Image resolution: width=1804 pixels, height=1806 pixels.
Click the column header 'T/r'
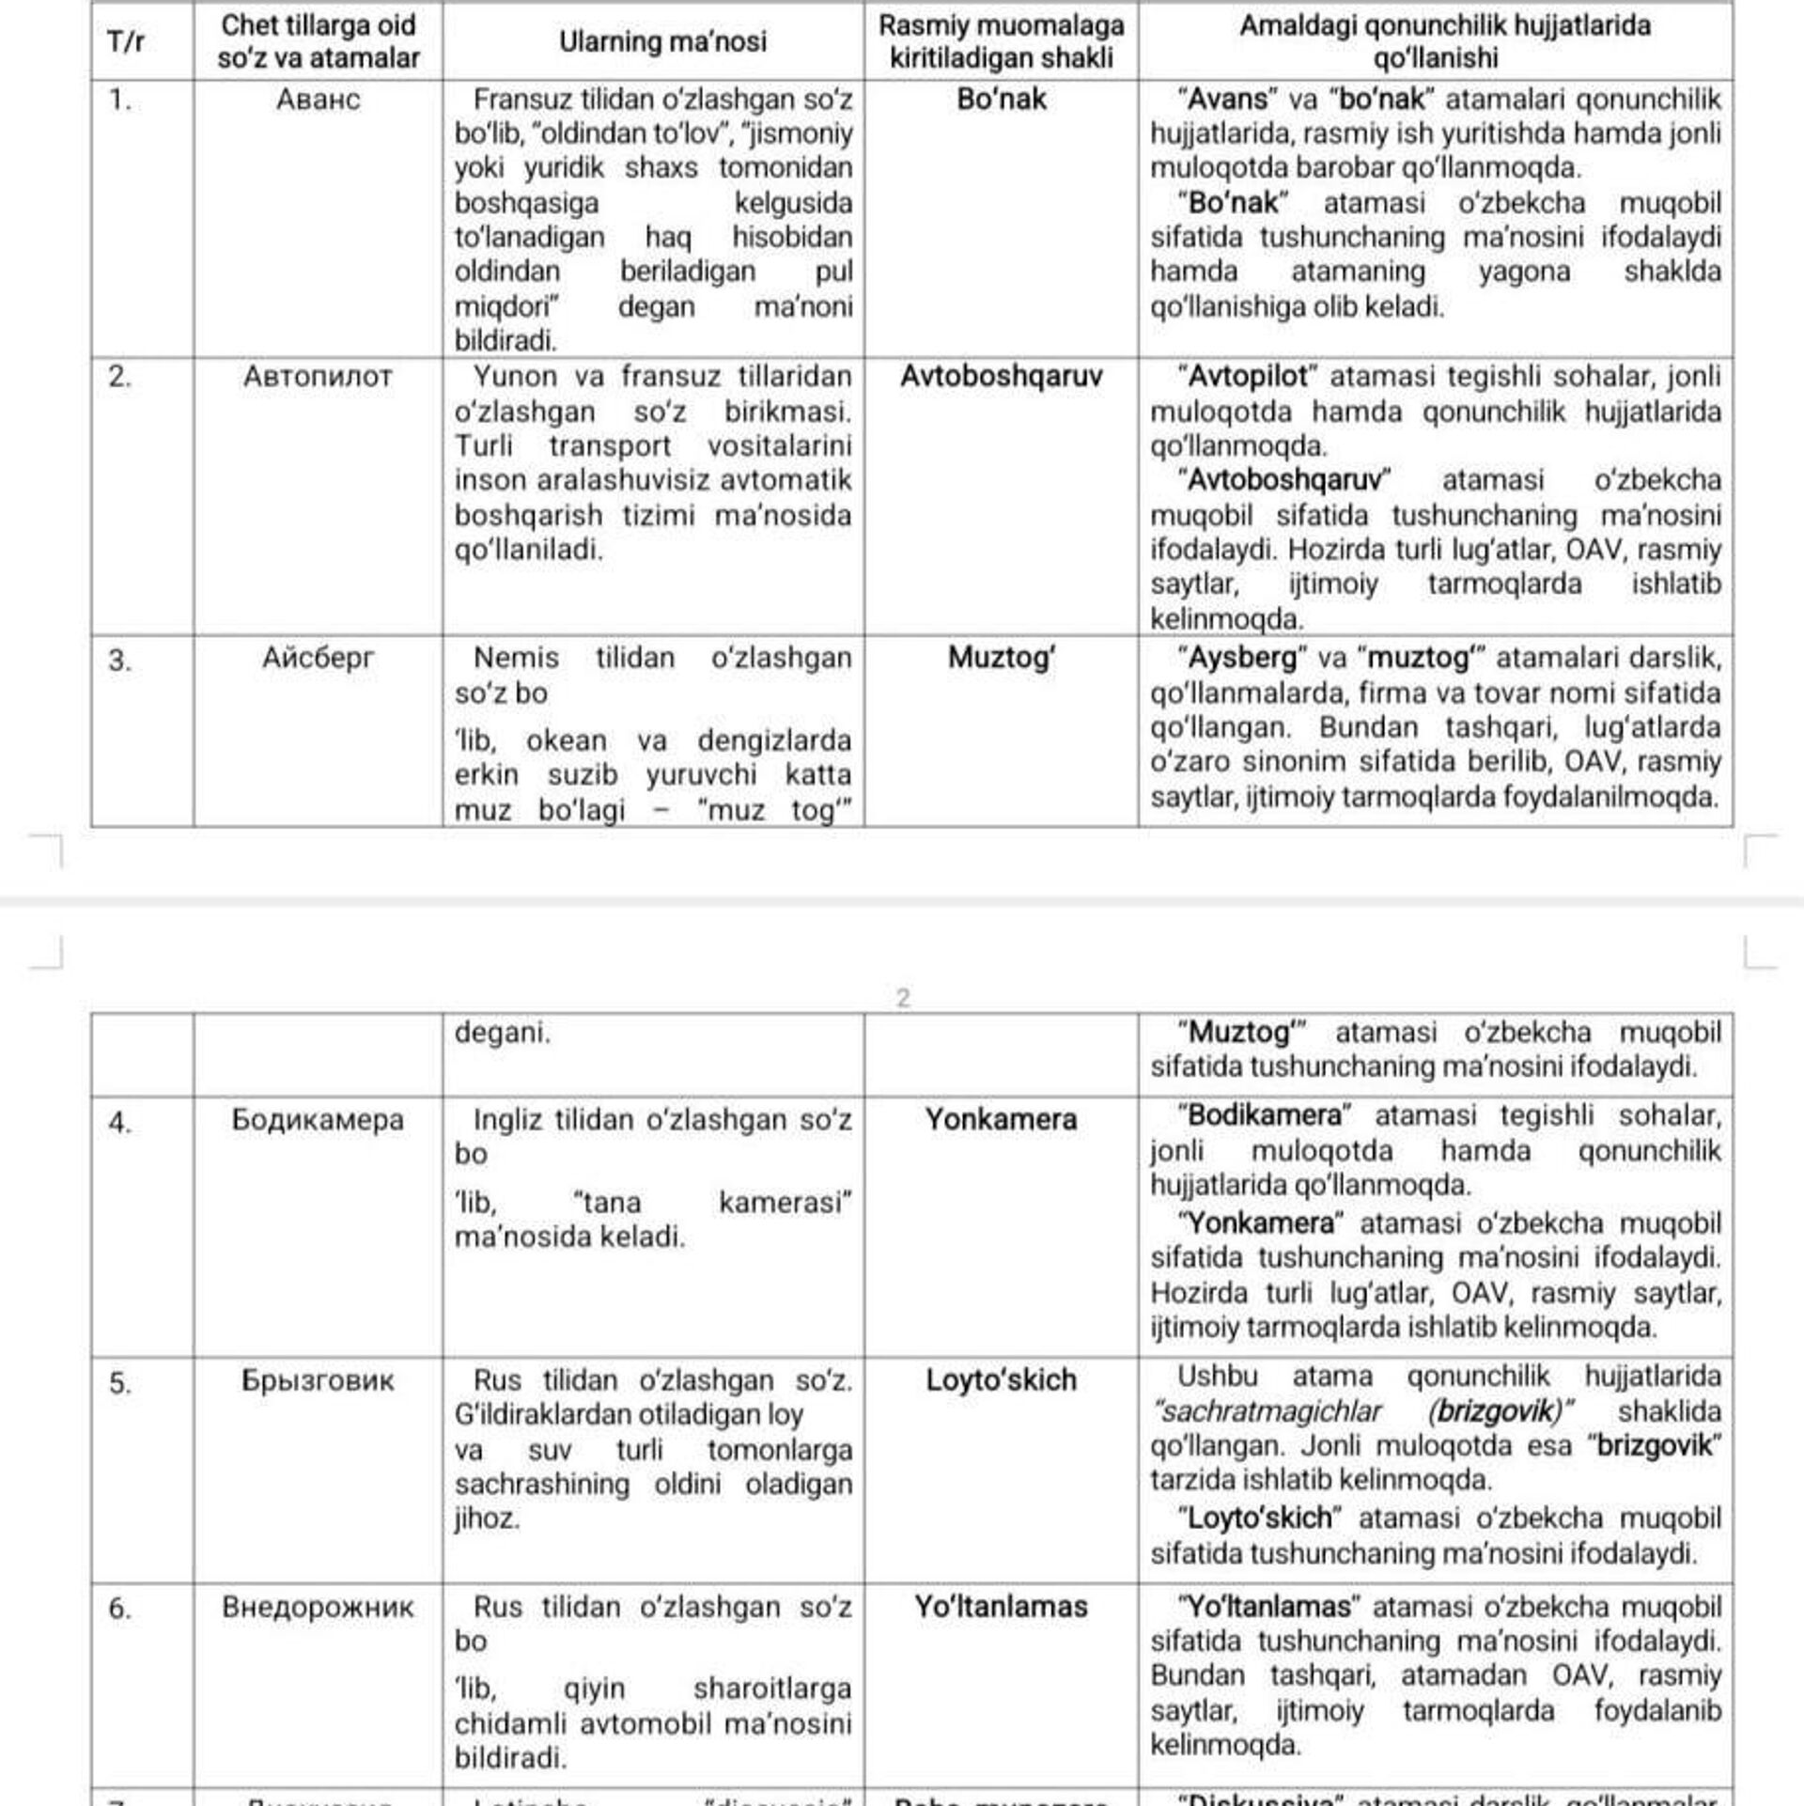click(125, 42)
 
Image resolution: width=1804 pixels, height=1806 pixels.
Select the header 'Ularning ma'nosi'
click(662, 42)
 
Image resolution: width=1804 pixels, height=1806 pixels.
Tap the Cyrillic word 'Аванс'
click(318, 100)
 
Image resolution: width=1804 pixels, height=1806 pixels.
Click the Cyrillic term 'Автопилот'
click(318, 377)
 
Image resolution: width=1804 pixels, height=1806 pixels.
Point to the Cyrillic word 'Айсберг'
click(318, 658)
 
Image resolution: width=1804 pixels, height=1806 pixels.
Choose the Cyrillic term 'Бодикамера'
click(318, 1120)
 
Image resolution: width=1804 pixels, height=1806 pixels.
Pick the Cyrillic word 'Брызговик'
click(318, 1380)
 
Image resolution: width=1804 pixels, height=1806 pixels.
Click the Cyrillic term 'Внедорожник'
click(318, 1607)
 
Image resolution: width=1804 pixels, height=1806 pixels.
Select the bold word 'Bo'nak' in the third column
click(1001, 100)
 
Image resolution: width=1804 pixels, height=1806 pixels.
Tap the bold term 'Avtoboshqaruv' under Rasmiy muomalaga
click(1001, 377)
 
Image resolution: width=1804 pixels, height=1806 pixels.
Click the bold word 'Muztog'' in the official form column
click(1001, 658)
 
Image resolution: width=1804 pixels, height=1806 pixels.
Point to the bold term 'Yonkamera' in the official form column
click(1001, 1120)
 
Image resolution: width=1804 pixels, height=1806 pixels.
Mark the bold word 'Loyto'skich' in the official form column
click(1001, 1380)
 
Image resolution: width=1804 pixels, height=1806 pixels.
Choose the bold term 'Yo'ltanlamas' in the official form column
click(1001, 1607)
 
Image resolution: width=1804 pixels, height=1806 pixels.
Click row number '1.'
click(119, 100)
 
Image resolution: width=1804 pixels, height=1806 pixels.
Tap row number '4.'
click(119, 1123)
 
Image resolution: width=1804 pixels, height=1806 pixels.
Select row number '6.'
click(119, 1609)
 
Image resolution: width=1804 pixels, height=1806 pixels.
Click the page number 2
click(903, 998)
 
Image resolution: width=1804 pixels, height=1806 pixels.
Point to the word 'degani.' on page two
click(503, 1033)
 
